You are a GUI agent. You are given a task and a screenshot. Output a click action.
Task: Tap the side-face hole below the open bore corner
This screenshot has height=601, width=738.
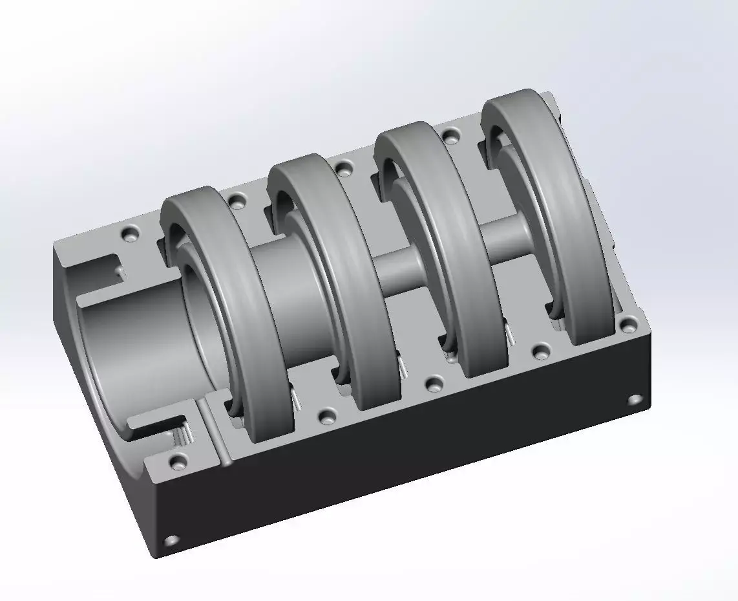(x=171, y=540)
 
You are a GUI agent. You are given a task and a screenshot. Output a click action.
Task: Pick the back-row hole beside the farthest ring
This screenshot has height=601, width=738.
(x=451, y=136)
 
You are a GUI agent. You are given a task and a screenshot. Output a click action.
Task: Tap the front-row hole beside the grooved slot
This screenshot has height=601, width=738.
(x=177, y=461)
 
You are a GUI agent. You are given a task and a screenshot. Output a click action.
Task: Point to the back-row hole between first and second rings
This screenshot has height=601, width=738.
(x=237, y=200)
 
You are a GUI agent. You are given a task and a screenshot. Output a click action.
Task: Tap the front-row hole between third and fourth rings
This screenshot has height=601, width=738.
(x=540, y=352)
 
